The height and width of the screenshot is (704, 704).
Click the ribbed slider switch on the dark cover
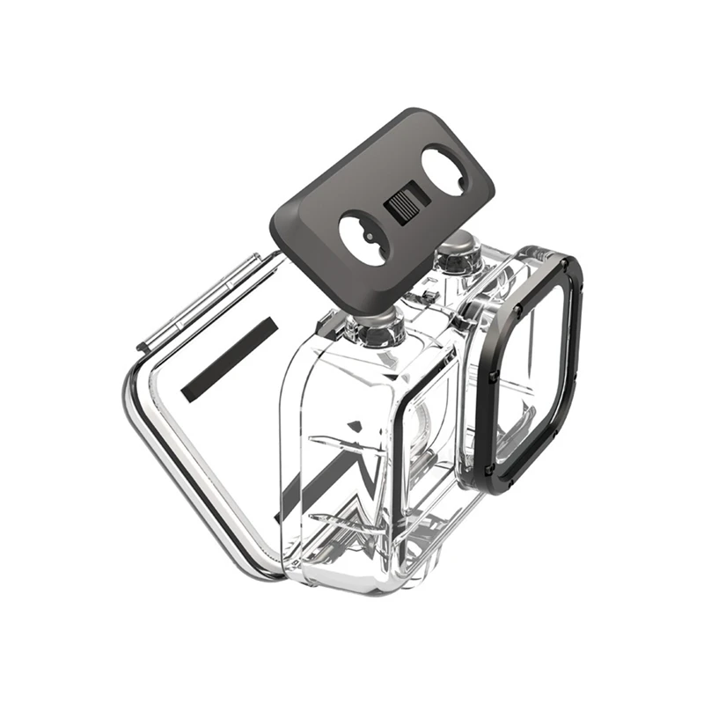[405, 209]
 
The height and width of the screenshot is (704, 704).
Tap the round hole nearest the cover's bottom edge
[363, 237]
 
